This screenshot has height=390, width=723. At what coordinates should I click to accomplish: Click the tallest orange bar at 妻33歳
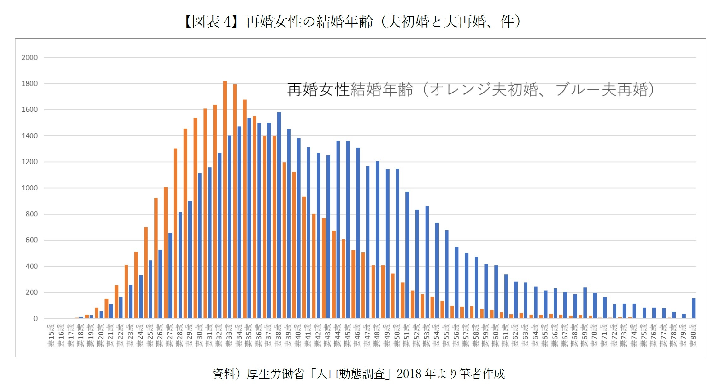[x=225, y=199]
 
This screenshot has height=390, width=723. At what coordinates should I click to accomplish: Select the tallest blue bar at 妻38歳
[x=279, y=215]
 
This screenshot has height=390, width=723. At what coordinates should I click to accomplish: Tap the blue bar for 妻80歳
[x=694, y=308]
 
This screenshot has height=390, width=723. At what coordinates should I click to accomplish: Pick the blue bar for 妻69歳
[x=585, y=303]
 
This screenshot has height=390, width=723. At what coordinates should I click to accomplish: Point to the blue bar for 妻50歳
[x=397, y=243]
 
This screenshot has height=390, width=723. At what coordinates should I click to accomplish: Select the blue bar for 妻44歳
[x=338, y=229]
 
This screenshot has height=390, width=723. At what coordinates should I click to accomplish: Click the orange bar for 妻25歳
[x=146, y=272]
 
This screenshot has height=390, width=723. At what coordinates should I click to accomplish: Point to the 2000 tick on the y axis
[x=29, y=57]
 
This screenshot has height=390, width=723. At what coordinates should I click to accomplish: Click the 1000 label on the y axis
[x=29, y=188]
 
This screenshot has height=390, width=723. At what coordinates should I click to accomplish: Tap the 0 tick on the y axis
[x=35, y=318]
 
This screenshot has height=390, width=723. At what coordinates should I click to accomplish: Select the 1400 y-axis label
[x=29, y=136]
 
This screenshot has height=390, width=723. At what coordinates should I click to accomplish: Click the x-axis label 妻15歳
[x=51, y=335]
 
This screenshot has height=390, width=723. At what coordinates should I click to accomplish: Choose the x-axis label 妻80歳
[x=693, y=335]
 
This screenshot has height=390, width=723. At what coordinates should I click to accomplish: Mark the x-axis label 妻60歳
[x=495, y=335]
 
